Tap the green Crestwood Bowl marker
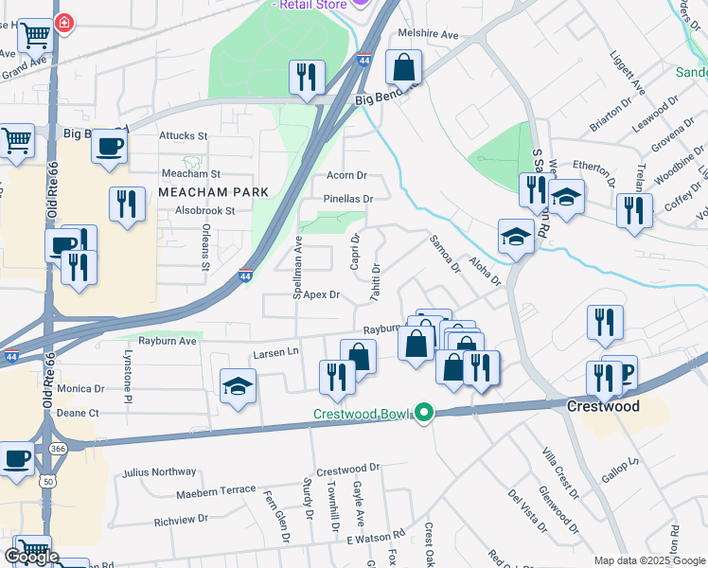[425, 413]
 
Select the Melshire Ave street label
[428, 35]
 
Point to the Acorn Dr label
[345, 176]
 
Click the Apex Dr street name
[321, 295]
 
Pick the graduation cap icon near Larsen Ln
[238, 386]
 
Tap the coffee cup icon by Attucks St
[109, 147]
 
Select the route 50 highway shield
[46, 482]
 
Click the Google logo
[31, 557]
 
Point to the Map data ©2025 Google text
[648, 560]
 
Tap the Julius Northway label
[159, 472]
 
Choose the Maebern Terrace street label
[216, 492]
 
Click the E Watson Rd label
[375, 539]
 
